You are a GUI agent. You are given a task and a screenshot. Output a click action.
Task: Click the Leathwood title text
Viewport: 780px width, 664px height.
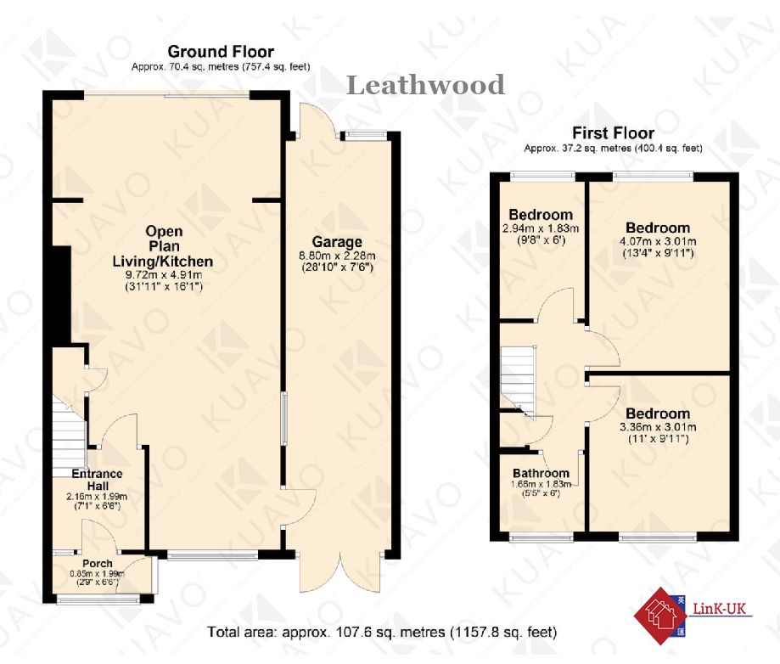click(x=426, y=85)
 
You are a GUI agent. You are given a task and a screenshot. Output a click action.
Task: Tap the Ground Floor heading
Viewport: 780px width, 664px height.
click(x=221, y=52)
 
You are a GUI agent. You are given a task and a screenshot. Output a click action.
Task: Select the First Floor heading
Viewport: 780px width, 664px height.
click(x=613, y=133)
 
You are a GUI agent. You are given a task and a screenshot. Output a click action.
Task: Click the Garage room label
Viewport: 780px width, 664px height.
click(x=336, y=242)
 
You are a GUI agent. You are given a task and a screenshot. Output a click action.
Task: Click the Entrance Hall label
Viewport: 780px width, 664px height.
click(x=97, y=479)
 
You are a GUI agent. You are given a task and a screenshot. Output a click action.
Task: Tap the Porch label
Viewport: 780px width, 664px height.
click(x=98, y=564)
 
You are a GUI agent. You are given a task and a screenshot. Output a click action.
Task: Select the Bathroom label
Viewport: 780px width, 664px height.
click(x=541, y=473)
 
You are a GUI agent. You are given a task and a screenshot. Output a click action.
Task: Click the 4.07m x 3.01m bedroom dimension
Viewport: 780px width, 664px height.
click(x=658, y=240)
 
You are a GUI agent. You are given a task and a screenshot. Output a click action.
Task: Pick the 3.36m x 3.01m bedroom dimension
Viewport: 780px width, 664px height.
click(x=658, y=427)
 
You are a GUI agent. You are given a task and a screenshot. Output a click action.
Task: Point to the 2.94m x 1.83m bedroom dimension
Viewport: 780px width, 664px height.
click(x=541, y=228)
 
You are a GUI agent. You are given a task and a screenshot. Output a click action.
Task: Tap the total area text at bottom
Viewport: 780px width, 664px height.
click(x=382, y=633)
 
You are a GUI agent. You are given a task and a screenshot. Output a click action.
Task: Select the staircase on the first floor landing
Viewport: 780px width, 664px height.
click(x=518, y=378)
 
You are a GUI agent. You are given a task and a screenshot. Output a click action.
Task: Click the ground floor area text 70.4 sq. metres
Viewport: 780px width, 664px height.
click(x=221, y=66)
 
